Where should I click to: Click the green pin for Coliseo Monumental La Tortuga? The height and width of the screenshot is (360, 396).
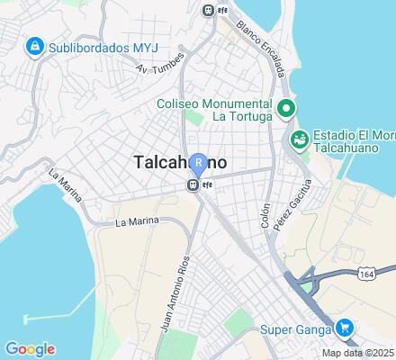286,109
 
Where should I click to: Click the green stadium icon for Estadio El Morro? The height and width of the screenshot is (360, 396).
299,139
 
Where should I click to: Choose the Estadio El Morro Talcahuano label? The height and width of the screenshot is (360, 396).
350,139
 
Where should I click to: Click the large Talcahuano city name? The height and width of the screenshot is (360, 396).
180,164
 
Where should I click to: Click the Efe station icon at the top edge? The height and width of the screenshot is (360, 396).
209,10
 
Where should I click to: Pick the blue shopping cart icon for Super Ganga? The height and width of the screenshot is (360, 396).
345,328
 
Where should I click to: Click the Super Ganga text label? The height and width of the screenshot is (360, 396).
292,329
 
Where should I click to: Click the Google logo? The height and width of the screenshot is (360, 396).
30,349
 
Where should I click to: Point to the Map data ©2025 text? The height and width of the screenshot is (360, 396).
359,352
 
